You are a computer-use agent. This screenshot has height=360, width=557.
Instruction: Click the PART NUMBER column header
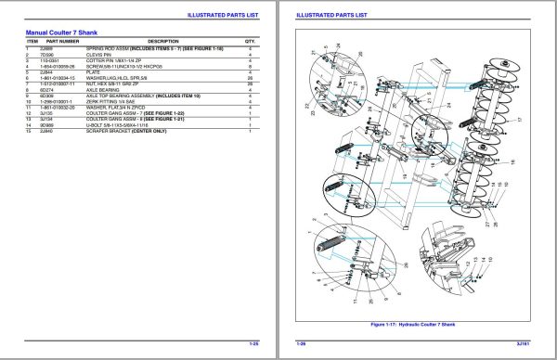64,42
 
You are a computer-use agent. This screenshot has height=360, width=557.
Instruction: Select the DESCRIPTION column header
163,42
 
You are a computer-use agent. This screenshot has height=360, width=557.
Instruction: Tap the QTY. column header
250,42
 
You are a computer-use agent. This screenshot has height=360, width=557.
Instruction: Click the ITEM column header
32,42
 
